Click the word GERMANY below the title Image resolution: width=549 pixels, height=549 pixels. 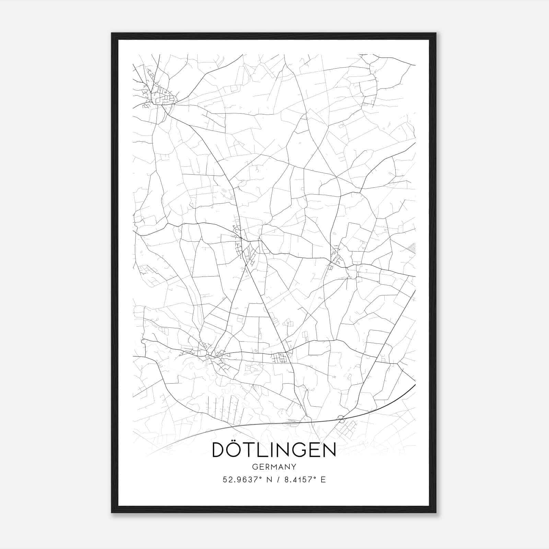coord(274,467)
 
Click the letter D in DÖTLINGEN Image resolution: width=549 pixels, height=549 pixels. coord(220,450)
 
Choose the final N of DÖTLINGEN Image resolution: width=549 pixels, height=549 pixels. coord(329,450)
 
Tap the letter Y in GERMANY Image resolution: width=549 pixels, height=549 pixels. coord(293,467)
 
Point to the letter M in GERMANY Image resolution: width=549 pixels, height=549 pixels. coord(274,467)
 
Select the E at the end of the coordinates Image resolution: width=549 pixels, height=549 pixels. coord(323,480)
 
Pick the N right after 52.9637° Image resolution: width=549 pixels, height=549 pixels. coord(269,480)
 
